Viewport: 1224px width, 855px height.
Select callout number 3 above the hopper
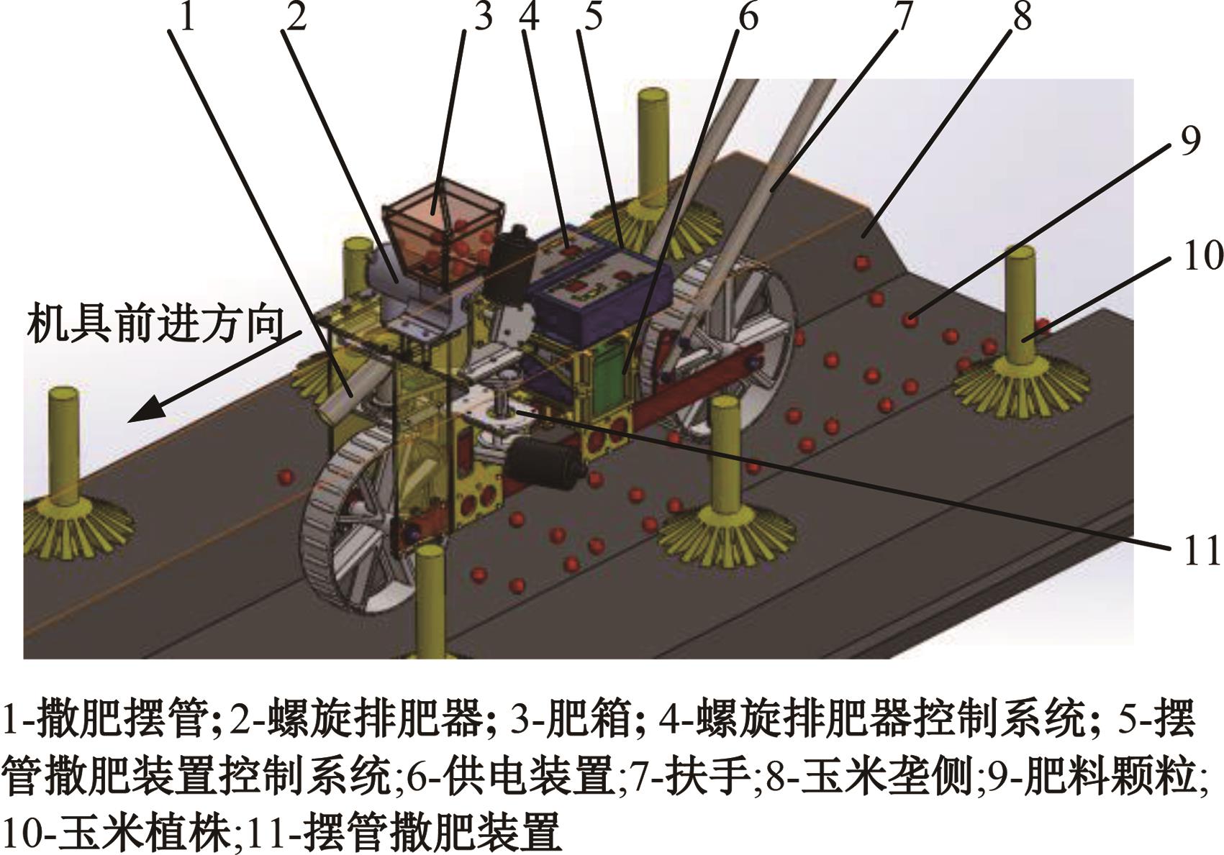point(484,18)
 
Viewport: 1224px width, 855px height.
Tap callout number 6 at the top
point(748,18)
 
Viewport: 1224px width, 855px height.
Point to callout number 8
point(1023,18)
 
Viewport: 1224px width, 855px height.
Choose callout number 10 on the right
point(1202,255)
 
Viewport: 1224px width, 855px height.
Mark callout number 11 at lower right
point(1202,551)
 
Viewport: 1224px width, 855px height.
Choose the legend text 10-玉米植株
point(117,833)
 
